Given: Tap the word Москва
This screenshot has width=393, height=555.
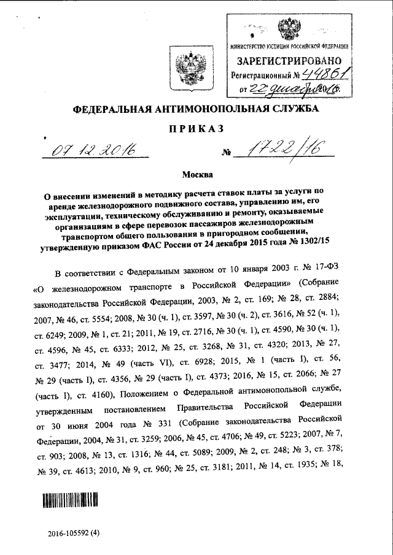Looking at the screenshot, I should [x=196, y=175].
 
